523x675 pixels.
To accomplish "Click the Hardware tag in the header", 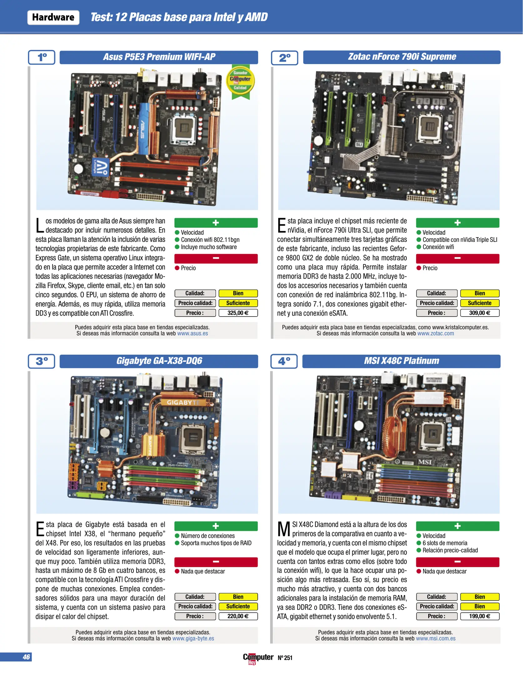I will [x=53, y=17].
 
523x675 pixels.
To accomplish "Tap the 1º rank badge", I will [x=42, y=57].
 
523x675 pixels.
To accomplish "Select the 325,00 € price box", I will [x=238, y=313].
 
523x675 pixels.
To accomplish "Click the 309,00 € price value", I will [x=480, y=313].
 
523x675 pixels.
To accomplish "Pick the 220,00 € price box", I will [x=238, y=616].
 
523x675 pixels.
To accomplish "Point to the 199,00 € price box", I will [x=480, y=616].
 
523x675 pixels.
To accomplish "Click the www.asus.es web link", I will [x=193, y=333].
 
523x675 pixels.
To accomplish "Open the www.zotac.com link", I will [x=435, y=333].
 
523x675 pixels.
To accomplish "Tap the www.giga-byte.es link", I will [x=193, y=638].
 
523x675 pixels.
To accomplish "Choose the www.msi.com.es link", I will [x=435, y=638].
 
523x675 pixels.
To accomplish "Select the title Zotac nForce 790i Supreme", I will [x=402, y=57].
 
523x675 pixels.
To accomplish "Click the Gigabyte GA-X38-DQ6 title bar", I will [x=159, y=361].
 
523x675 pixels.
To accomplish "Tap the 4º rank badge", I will [x=284, y=361].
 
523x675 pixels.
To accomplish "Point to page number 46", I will [x=26, y=657].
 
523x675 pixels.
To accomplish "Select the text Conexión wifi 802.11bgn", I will [x=210, y=240].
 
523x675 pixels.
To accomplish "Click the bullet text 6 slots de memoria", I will [x=445, y=543].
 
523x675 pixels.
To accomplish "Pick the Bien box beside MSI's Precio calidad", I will [x=480, y=606].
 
